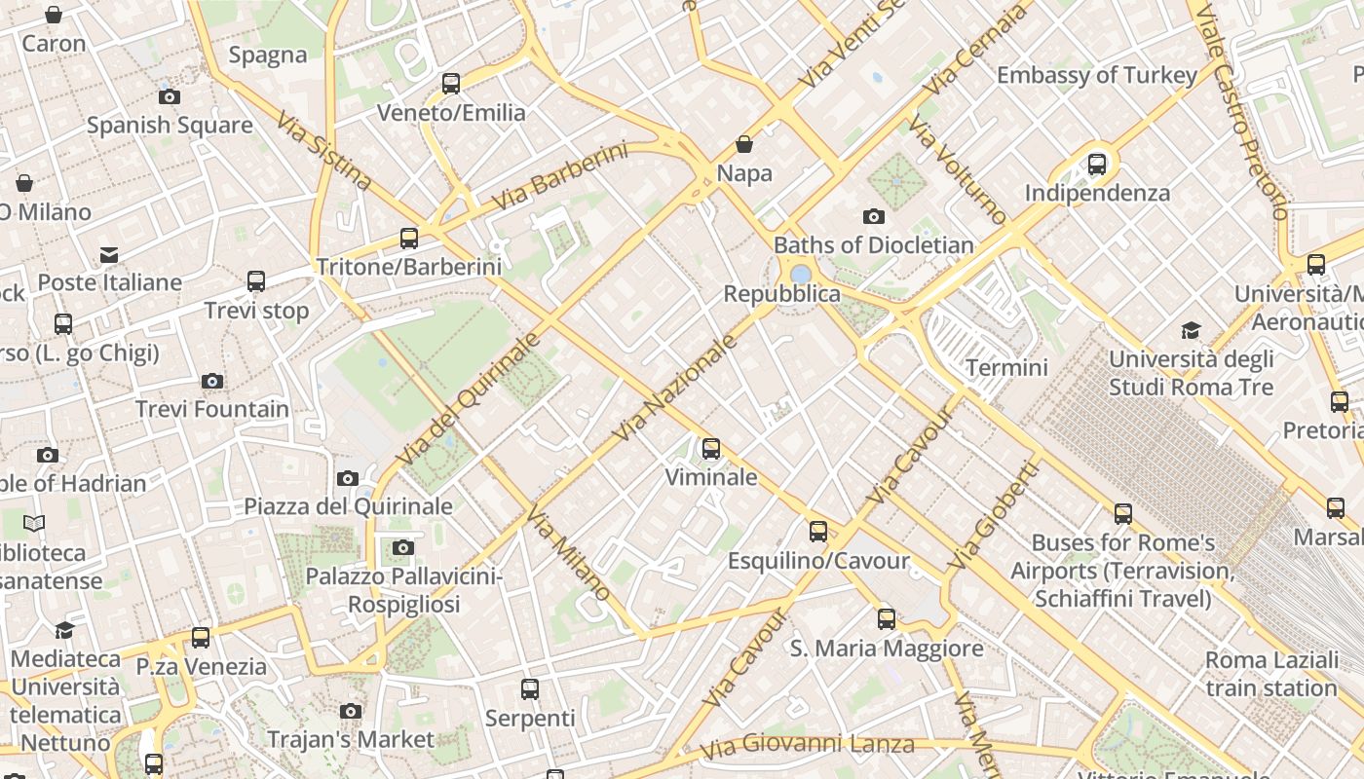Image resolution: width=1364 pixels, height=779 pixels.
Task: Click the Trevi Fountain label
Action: coord(212,409)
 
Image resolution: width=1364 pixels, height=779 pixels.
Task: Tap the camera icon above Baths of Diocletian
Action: coord(874,216)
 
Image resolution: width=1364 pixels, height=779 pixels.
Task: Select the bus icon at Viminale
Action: coord(711,449)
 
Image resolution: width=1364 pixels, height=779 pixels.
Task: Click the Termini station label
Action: coord(1006,367)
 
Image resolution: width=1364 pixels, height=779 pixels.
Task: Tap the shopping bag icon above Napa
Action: coord(744,144)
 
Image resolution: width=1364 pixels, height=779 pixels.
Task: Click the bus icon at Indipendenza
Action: coord(1097,164)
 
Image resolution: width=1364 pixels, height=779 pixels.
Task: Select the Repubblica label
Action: coord(781,293)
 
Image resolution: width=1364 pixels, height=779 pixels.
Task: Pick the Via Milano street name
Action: coord(570,553)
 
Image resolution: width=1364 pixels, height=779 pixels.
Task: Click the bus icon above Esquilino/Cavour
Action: coord(818,532)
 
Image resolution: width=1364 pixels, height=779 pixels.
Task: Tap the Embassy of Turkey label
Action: coord(1097,75)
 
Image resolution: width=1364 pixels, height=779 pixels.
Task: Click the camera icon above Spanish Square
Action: coord(170,96)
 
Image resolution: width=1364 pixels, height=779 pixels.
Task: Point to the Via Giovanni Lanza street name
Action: coord(809,746)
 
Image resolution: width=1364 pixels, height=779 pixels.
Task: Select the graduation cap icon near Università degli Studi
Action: coord(1191,330)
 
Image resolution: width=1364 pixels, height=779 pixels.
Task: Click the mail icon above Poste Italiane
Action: coord(109,254)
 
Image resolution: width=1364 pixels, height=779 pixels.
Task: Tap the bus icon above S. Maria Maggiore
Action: coord(887,619)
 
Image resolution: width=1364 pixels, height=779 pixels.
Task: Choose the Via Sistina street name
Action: coord(323,150)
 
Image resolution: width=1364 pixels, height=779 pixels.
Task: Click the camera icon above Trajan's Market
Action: coord(351,711)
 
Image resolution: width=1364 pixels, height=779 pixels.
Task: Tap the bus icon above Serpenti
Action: coord(530,689)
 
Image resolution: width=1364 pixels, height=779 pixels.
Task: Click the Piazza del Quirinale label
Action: coord(348,506)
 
